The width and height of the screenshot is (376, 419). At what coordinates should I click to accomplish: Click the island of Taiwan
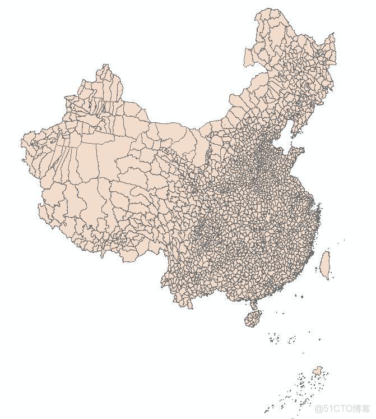(x=324, y=263)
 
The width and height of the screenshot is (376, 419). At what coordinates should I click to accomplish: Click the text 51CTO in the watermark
(x=335, y=408)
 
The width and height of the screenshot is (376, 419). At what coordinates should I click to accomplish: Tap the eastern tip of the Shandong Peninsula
(x=303, y=150)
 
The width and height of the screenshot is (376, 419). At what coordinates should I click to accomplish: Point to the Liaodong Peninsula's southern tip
(x=286, y=137)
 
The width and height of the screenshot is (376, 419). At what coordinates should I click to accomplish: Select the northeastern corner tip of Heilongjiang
(x=335, y=35)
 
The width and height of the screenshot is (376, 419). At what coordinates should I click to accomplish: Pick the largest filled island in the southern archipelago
(x=318, y=370)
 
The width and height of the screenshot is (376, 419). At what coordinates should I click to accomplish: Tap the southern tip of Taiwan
(x=326, y=277)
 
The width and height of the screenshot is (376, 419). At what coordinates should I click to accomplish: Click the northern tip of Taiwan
(x=327, y=252)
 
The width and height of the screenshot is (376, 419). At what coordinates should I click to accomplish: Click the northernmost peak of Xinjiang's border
(x=105, y=65)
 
